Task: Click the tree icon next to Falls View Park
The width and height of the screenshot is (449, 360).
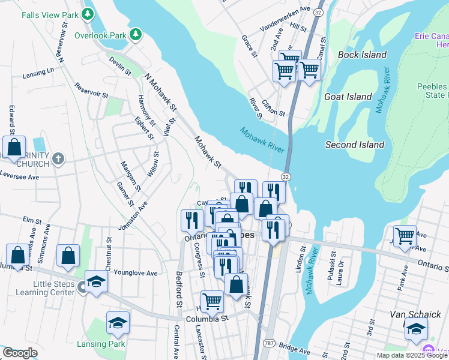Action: click(88, 13)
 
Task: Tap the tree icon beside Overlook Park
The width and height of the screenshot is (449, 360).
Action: click(136, 35)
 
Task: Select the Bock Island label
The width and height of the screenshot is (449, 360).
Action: click(362, 55)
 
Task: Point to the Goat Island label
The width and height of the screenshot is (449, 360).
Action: click(348, 97)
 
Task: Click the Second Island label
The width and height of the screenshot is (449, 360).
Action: click(354, 145)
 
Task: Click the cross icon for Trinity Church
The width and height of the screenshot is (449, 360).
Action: click(58, 159)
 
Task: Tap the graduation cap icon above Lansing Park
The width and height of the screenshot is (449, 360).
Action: click(118, 323)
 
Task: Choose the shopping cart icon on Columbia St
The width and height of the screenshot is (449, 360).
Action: click(212, 302)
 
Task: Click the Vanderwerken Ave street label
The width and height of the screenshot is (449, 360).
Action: click(285, 19)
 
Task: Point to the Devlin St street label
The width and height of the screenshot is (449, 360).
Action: click(120, 65)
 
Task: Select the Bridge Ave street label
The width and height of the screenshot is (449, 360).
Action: click(294, 349)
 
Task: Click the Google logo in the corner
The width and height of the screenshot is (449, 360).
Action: click(20, 353)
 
